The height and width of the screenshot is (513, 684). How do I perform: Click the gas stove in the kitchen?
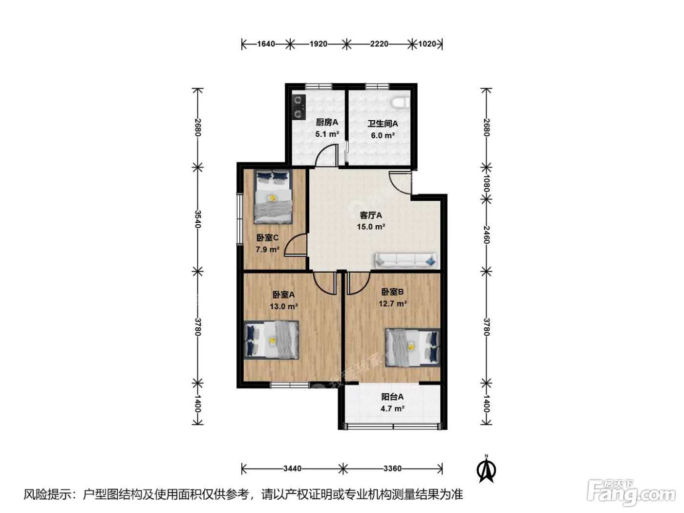click(299, 107)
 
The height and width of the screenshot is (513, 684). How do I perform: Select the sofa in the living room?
click(406, 260)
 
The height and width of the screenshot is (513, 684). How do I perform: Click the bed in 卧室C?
click(273, 196)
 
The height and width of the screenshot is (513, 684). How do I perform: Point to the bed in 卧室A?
click(271, 340)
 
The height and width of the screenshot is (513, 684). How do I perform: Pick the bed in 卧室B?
click(412, 347)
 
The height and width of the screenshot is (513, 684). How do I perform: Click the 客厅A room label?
click(370, 215)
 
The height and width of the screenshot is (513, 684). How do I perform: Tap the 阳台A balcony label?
click(392, 397)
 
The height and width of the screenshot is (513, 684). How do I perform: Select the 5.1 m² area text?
click(327, 134)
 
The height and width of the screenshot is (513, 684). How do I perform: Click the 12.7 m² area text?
click(392, 303)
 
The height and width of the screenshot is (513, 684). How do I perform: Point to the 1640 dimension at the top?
click(266, 44)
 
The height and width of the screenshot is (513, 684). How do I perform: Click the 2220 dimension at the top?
click(379, 44)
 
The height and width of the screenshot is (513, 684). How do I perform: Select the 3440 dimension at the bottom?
click(292, 469)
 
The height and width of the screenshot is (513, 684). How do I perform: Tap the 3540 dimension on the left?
click(197, 219)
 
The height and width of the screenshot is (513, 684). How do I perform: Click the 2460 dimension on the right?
click(487, 235)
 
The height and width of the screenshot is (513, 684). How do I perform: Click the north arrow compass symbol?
click(486, 469)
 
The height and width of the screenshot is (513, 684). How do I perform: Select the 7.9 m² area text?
click(267, 250)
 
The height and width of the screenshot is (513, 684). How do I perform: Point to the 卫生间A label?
click(383, 124)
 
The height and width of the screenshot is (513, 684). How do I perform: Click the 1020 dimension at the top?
click(427, 44)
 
